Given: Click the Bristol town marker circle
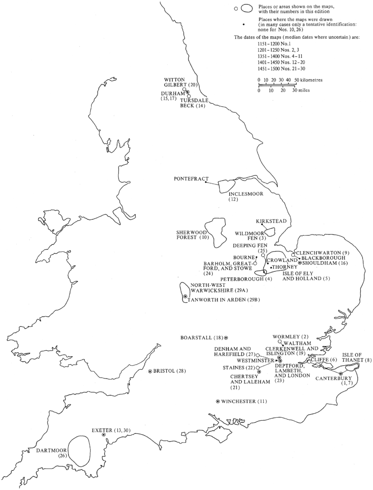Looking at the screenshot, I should (150, 371).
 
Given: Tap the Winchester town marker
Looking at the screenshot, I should (218, 401).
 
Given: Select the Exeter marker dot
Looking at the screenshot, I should (103, 435).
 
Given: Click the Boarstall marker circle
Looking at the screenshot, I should (226, 337).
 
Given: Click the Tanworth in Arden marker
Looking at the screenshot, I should (185, 296).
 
